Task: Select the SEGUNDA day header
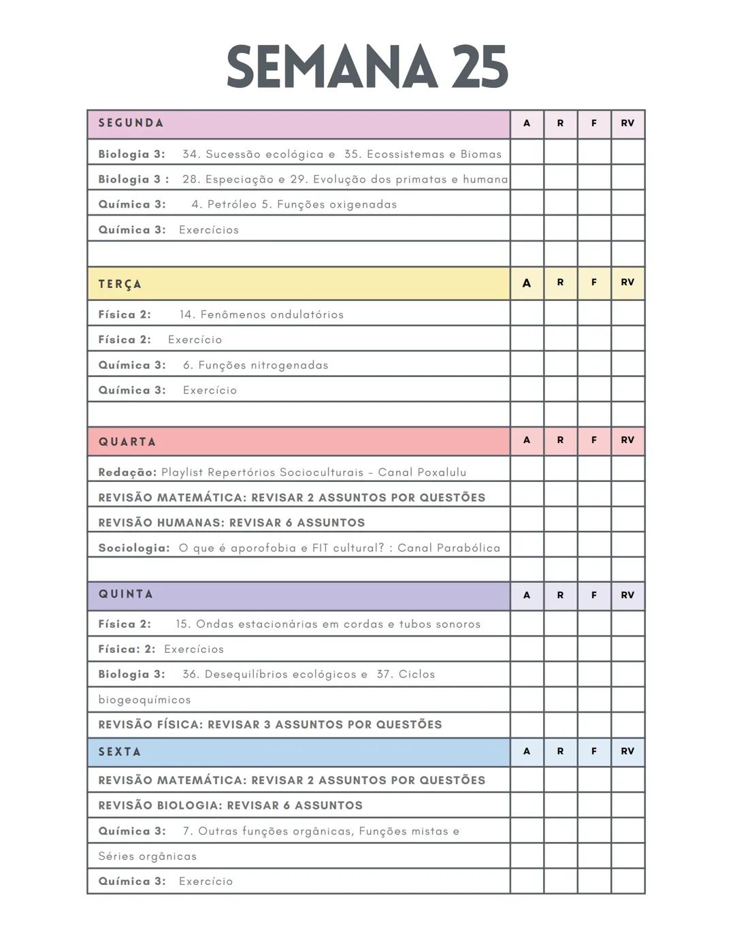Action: [x=131, y=123]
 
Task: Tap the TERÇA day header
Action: [x=120, y=284]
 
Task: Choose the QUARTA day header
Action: [x=127, y=442]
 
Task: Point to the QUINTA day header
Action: [x=126, y=594]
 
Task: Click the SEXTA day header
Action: [x=120, y=752]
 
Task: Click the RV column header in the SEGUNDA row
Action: [x=627, y=123]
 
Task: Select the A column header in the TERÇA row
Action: [x=527, y=283]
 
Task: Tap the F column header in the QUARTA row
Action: [x=594, y=440]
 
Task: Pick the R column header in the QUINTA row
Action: [x=560, y=595]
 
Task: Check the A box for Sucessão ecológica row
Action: [x=527, y=152]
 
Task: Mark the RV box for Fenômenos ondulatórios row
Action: [x=627, y=314]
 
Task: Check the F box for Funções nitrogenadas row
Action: [x=594, y=364]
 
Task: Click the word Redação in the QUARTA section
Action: [x=127, y=472]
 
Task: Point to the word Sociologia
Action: [x=133, y=547]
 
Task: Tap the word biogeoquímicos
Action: [x=144, y=700]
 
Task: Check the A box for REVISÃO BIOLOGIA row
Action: [x=527, y=805]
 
